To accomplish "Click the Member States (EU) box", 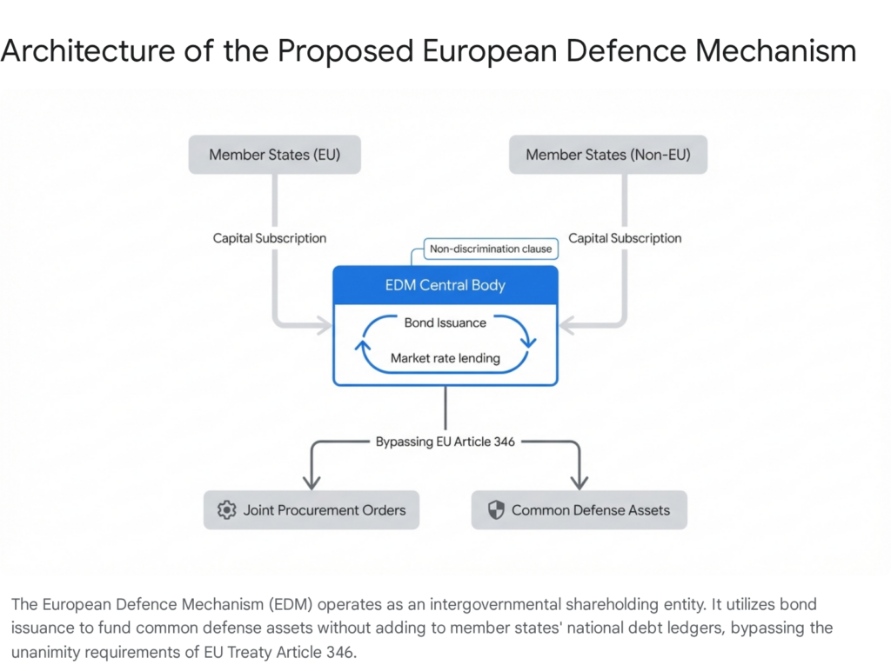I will pos(274,155).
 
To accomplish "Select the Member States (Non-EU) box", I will pos(607,155).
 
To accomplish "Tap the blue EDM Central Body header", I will pos(445,285).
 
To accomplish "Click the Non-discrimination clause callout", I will pos(491,249).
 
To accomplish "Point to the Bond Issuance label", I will pos(445,322).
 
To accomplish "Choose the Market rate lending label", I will pos(445,358).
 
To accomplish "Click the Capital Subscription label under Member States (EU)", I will pos(270,237).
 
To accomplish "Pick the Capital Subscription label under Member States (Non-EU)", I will pos(625,237).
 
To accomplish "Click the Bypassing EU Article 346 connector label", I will pos(445,442).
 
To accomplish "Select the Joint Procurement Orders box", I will pos(312,510).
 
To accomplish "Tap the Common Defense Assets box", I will pos(579,510).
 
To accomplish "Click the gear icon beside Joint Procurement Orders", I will pos(227,510).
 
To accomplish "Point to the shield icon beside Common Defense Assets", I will pos(496,510).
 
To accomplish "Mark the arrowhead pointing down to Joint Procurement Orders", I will pos(312,481).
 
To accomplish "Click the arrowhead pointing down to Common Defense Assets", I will pos(579,481).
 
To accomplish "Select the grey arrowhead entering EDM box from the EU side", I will pos(325,327).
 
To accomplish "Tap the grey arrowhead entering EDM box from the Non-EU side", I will pos(566,327).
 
